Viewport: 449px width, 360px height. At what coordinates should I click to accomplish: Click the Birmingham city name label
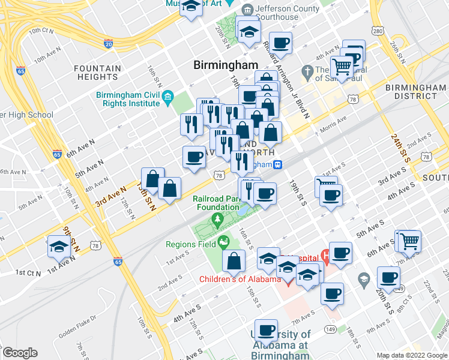pyautogui.click(x=226, y=65)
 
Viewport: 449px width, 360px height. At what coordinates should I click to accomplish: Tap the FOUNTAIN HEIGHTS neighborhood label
pyautogui.click(x=96, y=73)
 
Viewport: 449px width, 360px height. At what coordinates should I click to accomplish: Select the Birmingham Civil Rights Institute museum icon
pyautogui.click(x=167, y=97)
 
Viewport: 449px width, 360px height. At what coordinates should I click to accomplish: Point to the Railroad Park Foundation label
pyautogui.click(x=215, y=203)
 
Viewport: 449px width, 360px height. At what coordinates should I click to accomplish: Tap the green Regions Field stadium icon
pyautogui.click(x=224, y=242)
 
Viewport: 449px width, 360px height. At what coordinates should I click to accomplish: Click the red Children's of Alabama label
pyautogui.click(x=240, y=280)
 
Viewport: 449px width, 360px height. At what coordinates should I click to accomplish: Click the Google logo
pyautogui.click(x=19, y=353)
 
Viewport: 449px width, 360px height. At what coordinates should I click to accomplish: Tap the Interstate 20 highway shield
pyautogui.click(x=108, y=43)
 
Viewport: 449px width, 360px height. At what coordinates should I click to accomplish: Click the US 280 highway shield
pyautogui.click(x=378, y=30)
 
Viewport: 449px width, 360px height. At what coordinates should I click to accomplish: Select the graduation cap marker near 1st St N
pyautogui.click(x=59, y=248)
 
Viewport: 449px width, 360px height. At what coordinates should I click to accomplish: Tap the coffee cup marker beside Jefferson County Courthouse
pyautogui.click(x=280, y=43)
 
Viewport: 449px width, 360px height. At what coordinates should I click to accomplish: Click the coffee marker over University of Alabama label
pyautogui.click(x=266, y=329)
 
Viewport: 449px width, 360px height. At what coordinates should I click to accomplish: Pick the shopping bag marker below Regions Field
pyautogui.click(x=233, y=260)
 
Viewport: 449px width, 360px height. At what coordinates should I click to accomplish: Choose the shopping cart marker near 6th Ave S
pyautogui.click(x=411, y=241)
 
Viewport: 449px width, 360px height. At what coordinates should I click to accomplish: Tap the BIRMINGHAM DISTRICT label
pyautogui.click(x=415, y=92)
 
